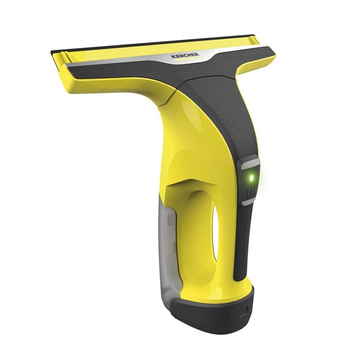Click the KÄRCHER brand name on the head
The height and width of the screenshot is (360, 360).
185,55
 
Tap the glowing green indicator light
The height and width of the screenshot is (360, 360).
252,177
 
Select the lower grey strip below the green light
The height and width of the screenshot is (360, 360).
248,201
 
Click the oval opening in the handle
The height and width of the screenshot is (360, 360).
215,230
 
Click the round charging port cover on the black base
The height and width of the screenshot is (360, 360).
240,312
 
